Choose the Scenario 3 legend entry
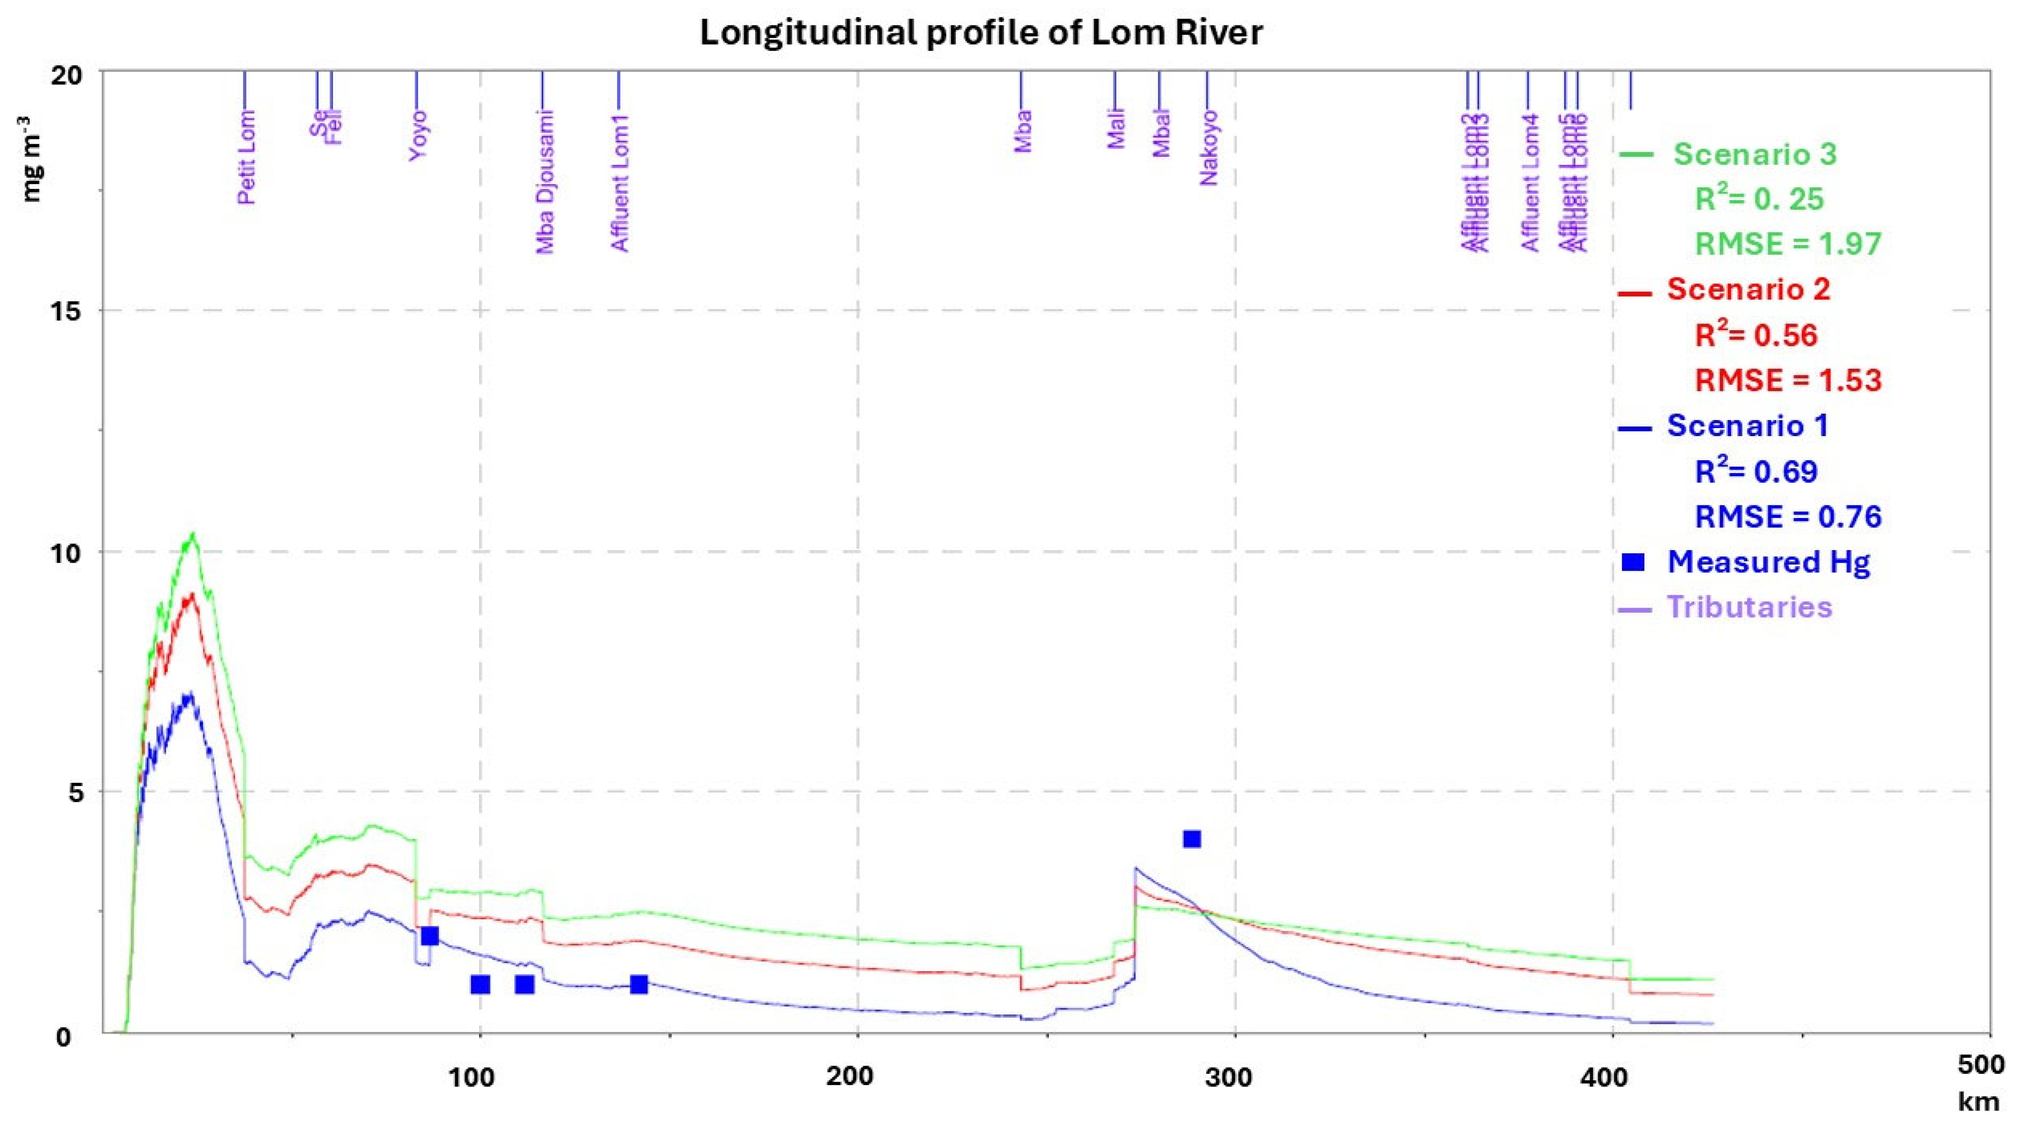(1752, 154)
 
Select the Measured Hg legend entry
(1768, 562)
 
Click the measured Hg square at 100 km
(480, 984)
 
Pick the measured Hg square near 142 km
(639, 984)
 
